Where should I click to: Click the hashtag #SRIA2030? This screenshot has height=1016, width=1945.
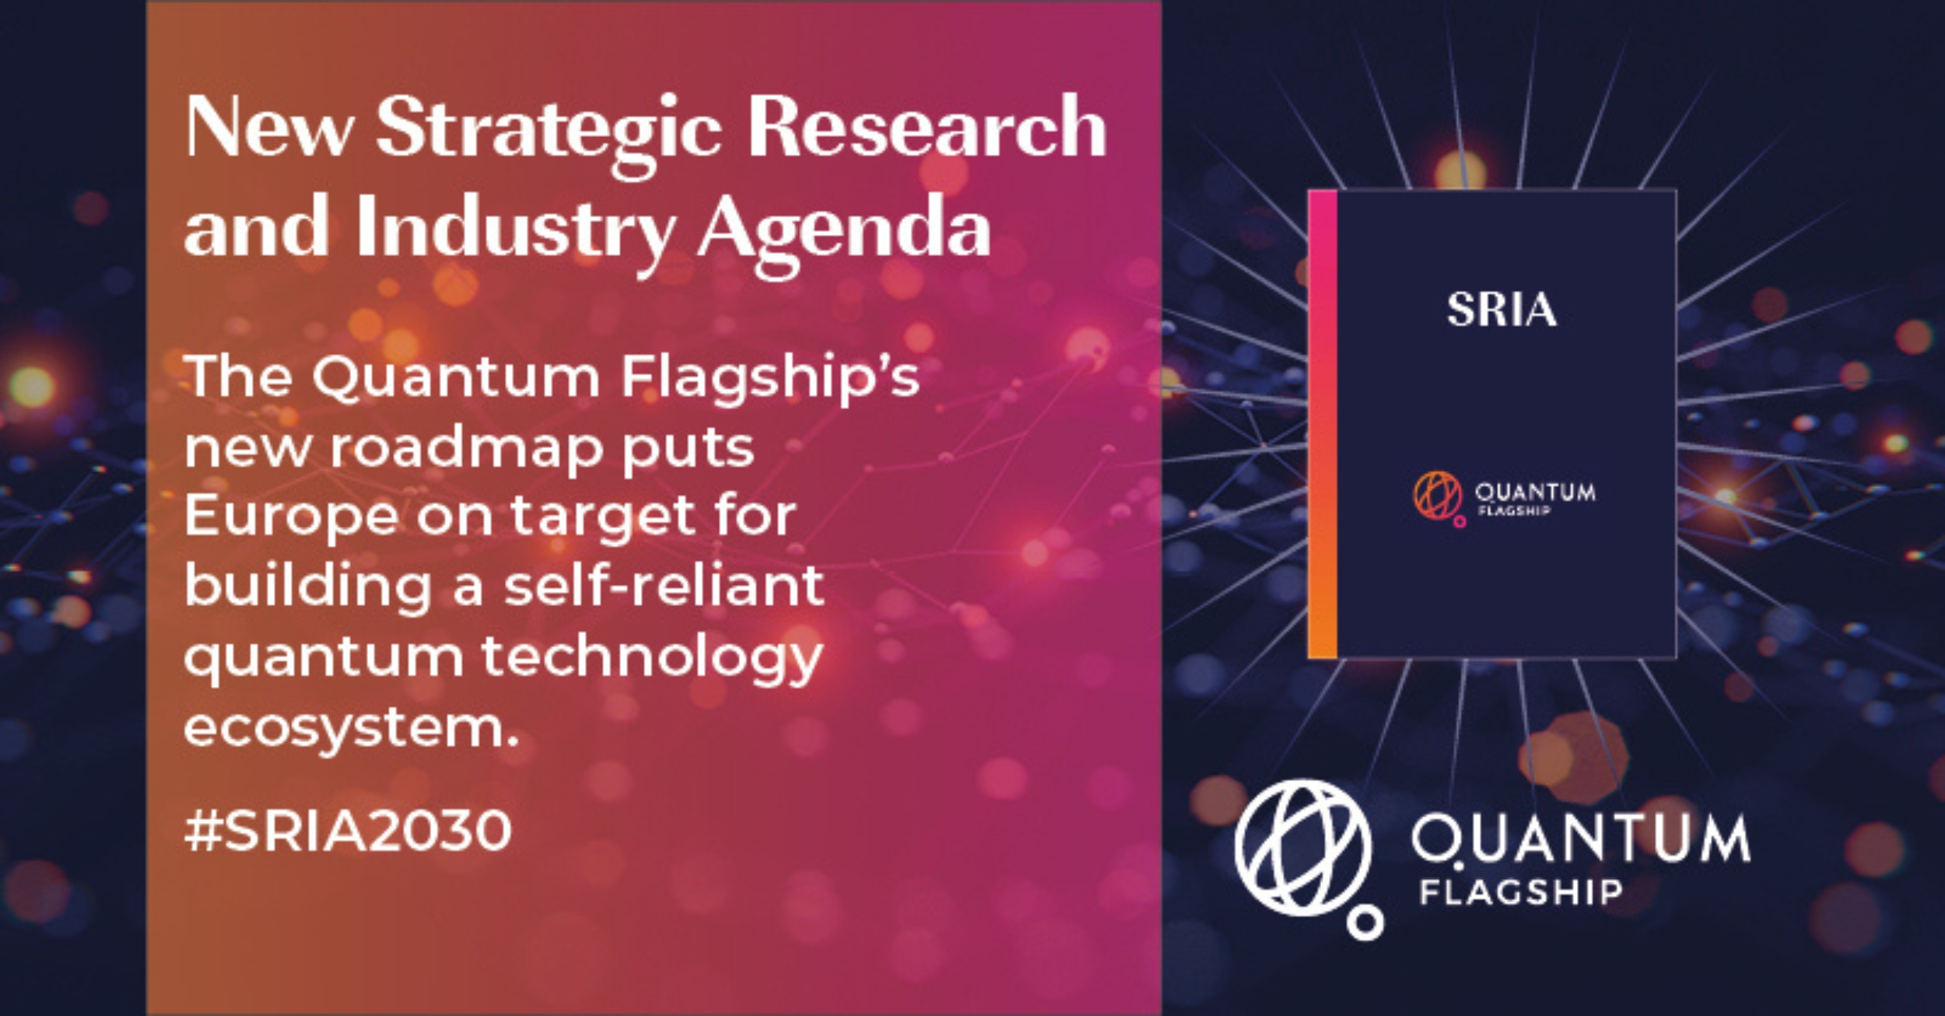tap(348, 830)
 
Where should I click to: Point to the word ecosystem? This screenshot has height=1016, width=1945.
tap(351, 727)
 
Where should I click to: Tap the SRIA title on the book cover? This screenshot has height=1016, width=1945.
tap(1502, 310)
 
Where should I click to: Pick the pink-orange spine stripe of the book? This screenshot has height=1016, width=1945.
tap(1323, 424)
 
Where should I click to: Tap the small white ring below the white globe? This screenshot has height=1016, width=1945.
tap(1365, 923)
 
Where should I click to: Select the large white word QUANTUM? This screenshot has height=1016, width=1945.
tap(1581, 840)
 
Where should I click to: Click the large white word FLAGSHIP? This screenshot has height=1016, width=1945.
tap(1521, 892)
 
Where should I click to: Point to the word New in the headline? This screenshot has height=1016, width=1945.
tap(269, 128)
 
